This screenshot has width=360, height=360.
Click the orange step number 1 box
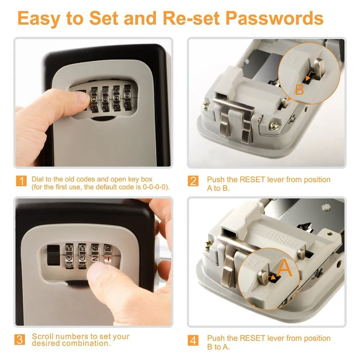22,181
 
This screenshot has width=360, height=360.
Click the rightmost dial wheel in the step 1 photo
127,97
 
